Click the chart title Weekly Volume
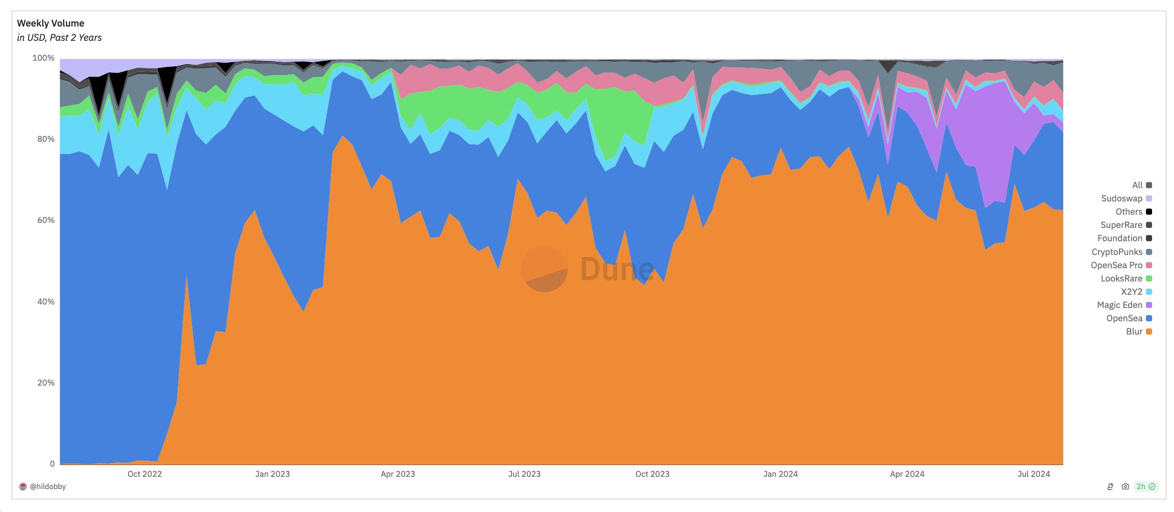click(x=51, y=23)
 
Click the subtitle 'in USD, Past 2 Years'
click(x=59, y=38)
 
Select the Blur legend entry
click(x=1139, y=331)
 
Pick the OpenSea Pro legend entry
click(x=1121, y=265)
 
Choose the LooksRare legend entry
click(x=1126, y=278)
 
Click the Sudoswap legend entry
click(x=1126, y=198)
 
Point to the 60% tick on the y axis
click(x=45, y=220)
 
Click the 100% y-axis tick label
click(x=43, y=58)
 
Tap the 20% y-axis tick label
click(x=45, y=383)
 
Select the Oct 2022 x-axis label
click(x=144, y=474)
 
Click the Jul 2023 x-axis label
click(x=524, y=474)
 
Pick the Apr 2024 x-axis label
click(x=907, y=474)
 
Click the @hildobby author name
click(x=47, y=487)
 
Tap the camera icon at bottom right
click(x=1126, y=487)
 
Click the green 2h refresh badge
click(x=1146, y=487)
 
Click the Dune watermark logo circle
click(x=544, y=269)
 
